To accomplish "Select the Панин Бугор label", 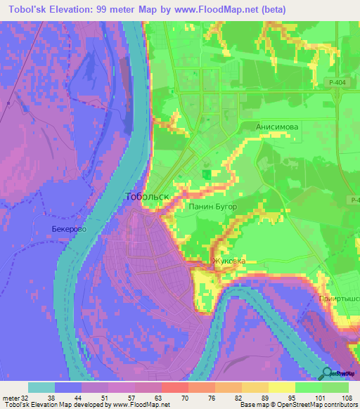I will click(x=213, y=207).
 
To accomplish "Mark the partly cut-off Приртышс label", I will click(x=338, y=298).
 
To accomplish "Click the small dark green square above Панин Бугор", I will click(x=207, y=173).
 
